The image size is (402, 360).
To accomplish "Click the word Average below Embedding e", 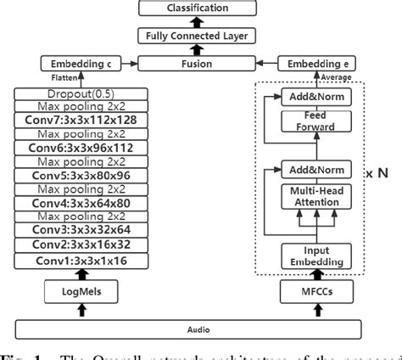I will (x=338, y=76).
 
